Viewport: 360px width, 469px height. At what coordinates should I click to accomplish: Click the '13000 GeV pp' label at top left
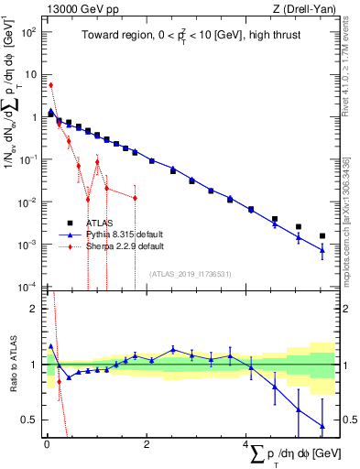point(78,8)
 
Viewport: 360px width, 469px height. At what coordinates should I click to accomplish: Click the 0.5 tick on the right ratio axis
point(348,420)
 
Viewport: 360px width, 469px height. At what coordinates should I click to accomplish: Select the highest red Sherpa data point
point(50,85)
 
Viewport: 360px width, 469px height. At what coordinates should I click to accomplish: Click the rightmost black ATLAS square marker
point(322,235)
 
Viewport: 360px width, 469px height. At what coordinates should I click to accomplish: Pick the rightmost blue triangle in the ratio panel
point(322,425)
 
